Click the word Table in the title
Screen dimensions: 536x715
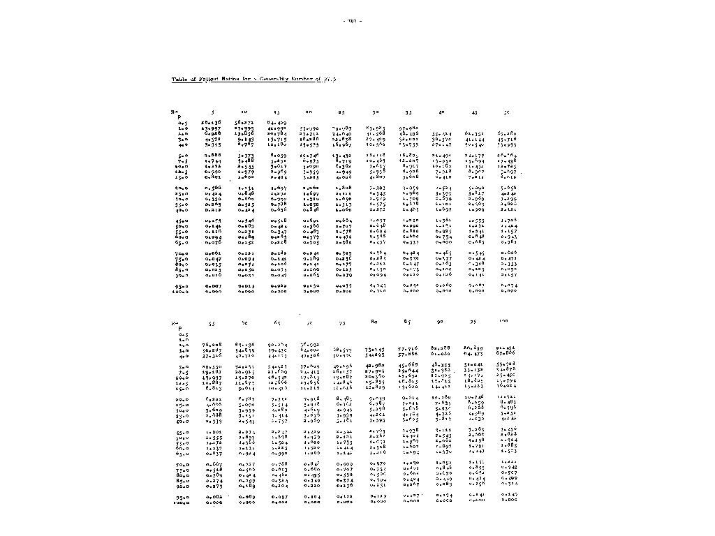[x=179, y=80]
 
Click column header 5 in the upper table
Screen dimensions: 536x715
[x=213, y=112]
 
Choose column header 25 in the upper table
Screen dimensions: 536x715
[x=341, y=112]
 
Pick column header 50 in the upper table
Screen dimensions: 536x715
[x=506, y=112]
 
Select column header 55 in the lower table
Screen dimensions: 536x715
[x=212, y=325]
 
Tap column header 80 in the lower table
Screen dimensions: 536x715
[x=374, y=322]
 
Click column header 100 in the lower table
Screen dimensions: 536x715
[x=503, y=320]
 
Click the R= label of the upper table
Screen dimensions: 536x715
[x=175, y=112]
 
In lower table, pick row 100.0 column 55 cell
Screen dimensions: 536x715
[x=212, y=501]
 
